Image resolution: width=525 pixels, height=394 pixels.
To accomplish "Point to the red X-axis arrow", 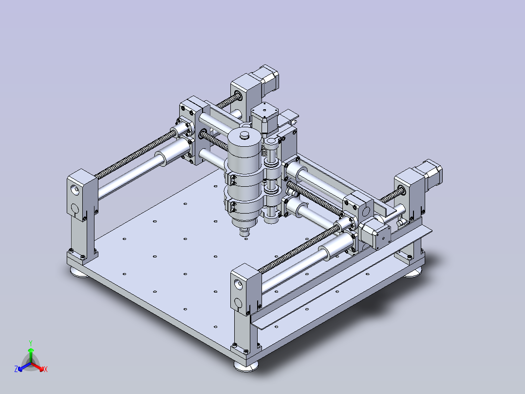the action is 37,367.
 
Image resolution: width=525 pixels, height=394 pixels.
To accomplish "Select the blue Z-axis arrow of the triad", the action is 24,367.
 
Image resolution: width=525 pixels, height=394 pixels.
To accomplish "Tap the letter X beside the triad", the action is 46,369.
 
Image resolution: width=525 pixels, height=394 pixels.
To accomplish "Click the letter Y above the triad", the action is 31,343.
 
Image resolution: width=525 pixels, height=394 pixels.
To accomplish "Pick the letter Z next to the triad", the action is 16,369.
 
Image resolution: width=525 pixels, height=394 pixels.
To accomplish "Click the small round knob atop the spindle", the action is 245,135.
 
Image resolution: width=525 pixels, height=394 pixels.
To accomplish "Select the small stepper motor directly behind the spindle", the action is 264,118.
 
